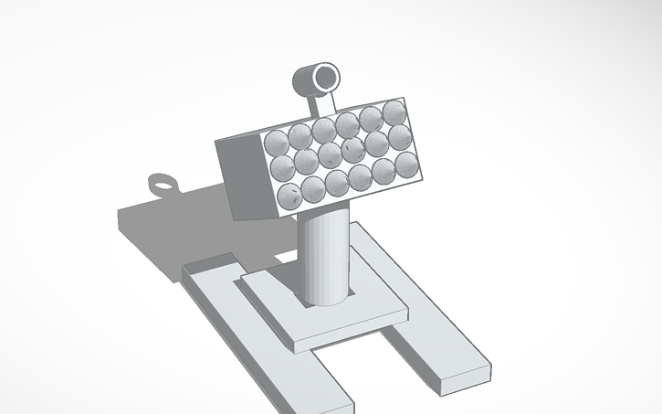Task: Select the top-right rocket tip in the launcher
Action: (394, 113)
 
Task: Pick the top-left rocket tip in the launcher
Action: (277, 143)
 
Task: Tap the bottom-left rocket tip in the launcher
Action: (290, 195)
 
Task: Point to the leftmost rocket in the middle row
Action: (283, 168)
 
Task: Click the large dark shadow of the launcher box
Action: (173, 228)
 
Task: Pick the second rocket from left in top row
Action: (300, 137)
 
